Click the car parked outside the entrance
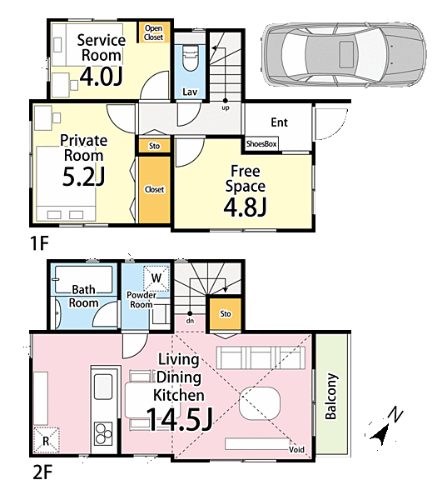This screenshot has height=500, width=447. click(344, 54)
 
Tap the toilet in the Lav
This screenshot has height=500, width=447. click(191, 57)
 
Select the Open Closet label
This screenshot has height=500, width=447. click(153, 32)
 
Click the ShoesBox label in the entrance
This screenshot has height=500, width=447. click(261, 144)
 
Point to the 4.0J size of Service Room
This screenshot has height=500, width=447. click(101, 77)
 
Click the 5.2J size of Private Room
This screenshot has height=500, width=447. click(83, 177)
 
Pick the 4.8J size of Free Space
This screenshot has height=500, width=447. click(245, 207)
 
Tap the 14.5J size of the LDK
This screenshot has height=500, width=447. click(179, 419)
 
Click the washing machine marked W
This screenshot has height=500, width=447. click(156, 278)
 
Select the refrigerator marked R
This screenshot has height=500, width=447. click(47, 440)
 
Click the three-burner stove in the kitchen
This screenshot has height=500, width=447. click(103, 433)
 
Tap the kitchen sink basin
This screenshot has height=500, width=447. click(103, 387)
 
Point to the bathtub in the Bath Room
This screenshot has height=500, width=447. click(83, 280)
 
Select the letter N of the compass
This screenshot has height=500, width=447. click(395, 414)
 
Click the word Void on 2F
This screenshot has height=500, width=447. click(296, 450)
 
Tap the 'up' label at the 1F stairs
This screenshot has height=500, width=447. click(226, 107)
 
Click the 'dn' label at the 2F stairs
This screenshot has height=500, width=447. click(191, 321)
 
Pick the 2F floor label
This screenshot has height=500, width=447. click(42, 472)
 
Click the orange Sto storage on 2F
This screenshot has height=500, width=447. click(226, 314)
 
